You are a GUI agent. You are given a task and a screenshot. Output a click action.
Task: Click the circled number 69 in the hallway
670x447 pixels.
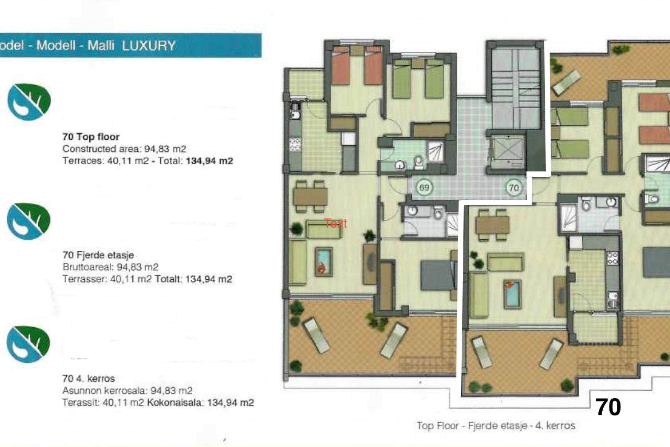(424, 188)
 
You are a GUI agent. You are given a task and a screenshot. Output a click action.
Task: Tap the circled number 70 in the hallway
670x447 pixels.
(514, 188)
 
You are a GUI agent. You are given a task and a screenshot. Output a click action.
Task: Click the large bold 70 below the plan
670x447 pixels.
(608, 407)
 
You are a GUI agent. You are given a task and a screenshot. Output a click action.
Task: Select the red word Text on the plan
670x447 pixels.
(335, 223)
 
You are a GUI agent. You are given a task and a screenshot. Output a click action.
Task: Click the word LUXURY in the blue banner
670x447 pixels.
(149, 46)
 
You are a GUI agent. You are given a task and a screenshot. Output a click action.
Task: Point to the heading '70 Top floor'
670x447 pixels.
(91, 137)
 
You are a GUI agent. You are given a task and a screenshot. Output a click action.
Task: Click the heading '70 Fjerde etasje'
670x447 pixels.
(98, 255)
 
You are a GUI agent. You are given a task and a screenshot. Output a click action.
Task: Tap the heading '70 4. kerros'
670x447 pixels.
(88, 379)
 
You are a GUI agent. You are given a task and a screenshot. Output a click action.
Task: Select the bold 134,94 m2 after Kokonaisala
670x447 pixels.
(230, 403)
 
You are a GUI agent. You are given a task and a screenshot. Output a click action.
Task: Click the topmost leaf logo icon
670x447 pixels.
(29, 102)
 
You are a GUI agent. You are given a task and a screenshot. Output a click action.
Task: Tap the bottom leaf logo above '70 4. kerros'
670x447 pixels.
(29, 344)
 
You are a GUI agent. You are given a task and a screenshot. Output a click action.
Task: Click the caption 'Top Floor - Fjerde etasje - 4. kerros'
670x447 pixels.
(496, 426)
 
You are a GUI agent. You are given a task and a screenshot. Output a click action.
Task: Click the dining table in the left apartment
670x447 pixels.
(310, 197)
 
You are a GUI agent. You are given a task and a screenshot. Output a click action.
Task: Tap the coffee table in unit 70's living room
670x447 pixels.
(512, 294)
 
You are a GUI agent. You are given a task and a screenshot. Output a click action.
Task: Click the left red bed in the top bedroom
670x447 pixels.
(341, 67)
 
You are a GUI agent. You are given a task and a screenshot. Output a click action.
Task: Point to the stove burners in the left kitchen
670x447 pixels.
(295, 145)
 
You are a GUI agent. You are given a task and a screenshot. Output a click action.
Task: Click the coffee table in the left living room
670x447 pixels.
(323, 262)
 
